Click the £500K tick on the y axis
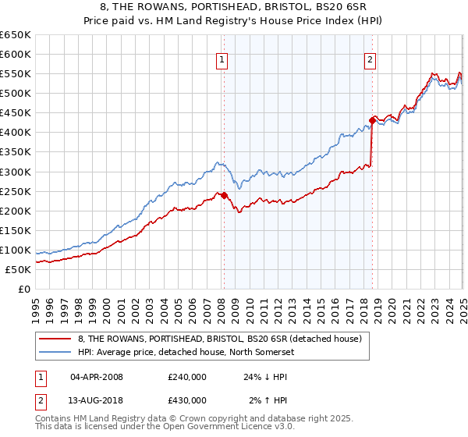(x=15, y=94)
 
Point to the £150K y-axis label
(x=15, y=230)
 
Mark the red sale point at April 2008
(x=224, y=195)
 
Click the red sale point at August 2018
(x=372, y=121)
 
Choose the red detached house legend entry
(x=219, y=339)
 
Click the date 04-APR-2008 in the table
(x=97, y=376)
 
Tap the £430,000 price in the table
(x=187, y=400)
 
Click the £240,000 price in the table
(x=187, y=376)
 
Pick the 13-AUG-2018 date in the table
(x=97, y=400)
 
